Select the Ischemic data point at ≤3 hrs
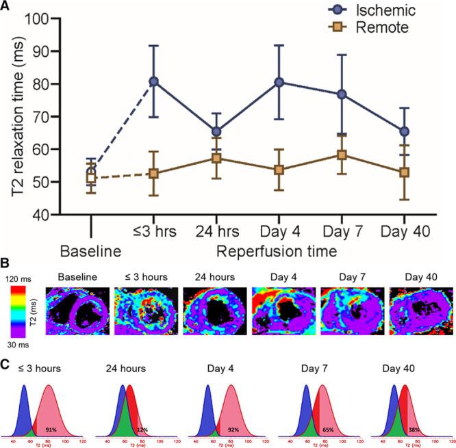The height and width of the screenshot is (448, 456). pyautogui.click(x=154, y=81)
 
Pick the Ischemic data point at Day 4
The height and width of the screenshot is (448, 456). pyautogui.click(x=280, y=82)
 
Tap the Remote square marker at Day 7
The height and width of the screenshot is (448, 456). pyautogui.click(x=343, y=155)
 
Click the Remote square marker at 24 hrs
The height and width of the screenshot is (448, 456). pyautogui.click(x=217, y=158)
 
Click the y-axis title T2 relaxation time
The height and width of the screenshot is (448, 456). pyautogui.click(x=14, y=116)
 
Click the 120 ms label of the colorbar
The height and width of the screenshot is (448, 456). pyautogui.click(x=20, y=280)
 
